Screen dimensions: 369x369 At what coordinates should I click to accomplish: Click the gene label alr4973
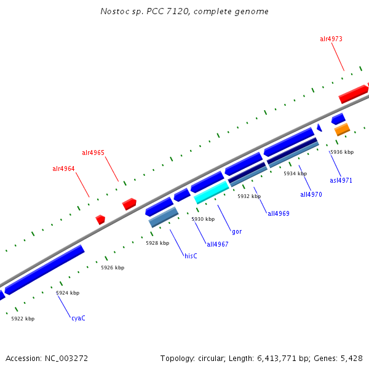pyautogui.click(x=331, y=39)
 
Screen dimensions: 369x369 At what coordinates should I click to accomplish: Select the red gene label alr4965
pyautogui.click(x=93, y=153)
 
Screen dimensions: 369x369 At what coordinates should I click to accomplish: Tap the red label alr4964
pyautogui.click(x=63, y=169)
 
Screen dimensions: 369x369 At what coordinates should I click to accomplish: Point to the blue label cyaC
pyautogui.click(x=78, y=318)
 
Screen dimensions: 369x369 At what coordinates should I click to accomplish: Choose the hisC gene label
pyautogui.click(x=191, y=256)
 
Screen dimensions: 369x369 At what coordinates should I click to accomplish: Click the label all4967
pyautogui.click(x=217, y=244)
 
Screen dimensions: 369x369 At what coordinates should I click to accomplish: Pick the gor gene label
pyautogui.click(x=237, y=232)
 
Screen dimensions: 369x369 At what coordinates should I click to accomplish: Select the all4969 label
pyautogui.click(x=278, y=214)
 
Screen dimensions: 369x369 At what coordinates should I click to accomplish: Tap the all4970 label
pyautogui.click(x=311, y=195)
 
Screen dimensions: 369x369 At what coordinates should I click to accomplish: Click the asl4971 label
pyautogui.click(x=341, y=181)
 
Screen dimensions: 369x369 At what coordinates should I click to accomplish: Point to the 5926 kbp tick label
pyautogui.click(x=113, y=268)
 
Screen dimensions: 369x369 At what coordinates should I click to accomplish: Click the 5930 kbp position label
pyautogui.click(x=203, y=219)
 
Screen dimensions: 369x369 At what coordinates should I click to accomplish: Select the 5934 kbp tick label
pyautogui.click(x=295, y=173)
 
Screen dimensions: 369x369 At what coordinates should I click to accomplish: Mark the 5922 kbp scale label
pyautogui.click(x=23, y=319)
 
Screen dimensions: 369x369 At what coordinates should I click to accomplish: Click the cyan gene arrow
pyautogui.click(x=212, y=192)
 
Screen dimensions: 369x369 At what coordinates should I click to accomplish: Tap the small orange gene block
pyautogui.click(x=342, y=129)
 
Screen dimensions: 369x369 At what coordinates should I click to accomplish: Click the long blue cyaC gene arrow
pyautogui.click(x=44, y=269)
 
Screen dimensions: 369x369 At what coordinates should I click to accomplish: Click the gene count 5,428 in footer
pyautogui.click(x=351, y=358)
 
